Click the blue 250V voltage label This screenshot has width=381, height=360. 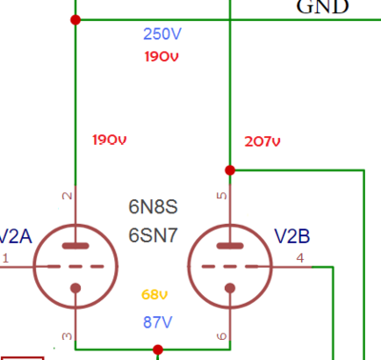pyautogui.click(x=162, y=33)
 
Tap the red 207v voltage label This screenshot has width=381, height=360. pyautogui.click(x=262, y=141)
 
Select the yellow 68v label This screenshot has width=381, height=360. pyautogui.click(x=154, y=294)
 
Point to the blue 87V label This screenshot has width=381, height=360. pyautogui.click(x=157, y=322)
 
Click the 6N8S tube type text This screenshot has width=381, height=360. pyautogui.click(x=153, y=207)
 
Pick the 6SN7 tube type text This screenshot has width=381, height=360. pyautogui.click(x=153, y=235)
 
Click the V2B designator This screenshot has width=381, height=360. pyautogui.click(x=291, y=236)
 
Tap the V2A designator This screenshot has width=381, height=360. pyautogui.click(x=15, y=236)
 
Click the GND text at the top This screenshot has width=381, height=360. pyautogui.click(x=323, y=7)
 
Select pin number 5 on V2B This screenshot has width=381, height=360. pyautogui.click(x=222, y=195)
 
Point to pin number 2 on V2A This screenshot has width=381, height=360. pyautogui.click(x=67, y=196)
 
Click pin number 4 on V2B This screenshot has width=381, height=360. pyautogui.click(x=300, y=258)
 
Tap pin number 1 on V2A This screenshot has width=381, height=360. pyautogui.click(x=6, y=258)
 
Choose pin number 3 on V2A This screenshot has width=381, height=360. pyautogui.click(x=67, y=336)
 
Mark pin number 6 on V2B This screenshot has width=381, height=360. pyautogui.click(x=222, y=336)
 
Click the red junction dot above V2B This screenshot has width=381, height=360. pyautogui.click(x=230, y=170)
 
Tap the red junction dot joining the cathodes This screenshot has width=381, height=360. pyautogui.click(x=158, y=350)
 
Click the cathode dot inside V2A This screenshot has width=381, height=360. pyautogui.click(x=75, y=288)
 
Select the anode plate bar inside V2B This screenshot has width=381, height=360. pyautogui.click(x=230, y=246)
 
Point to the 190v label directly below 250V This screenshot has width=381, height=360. pyautogui.click(x=162, y=56)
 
